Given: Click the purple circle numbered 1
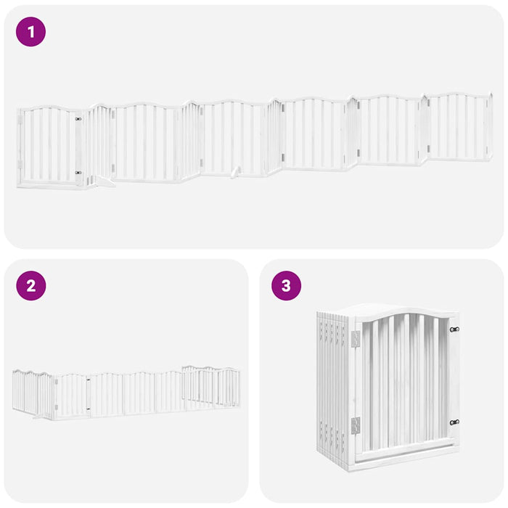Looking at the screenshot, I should (30, 32).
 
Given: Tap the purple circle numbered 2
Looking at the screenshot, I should (30, 286).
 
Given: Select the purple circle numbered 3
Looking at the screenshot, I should (286, 286).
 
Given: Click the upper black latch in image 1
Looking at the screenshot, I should (78, 119).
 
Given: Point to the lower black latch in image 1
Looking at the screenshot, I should (78, 173).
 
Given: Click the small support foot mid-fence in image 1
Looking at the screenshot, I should (234, 173).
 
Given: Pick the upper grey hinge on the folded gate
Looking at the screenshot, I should (356, 339).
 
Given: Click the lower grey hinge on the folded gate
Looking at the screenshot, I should (356, 425).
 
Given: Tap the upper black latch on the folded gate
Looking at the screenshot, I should (454, 329).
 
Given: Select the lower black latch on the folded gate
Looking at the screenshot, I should (454, 422).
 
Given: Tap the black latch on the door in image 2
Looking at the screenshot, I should (89, 379).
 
